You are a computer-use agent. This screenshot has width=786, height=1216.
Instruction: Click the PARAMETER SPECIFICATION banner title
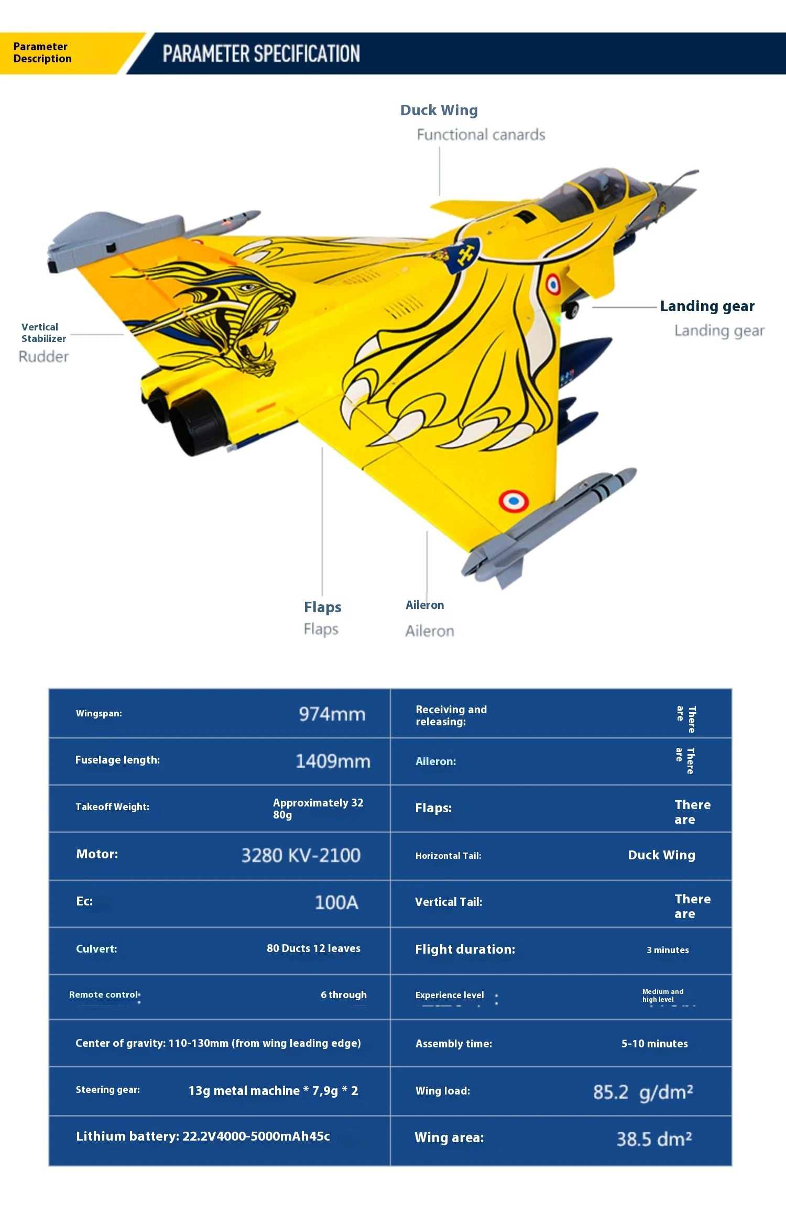coord(261,54)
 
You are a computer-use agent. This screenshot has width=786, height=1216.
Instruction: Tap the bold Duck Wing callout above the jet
coord(439,110)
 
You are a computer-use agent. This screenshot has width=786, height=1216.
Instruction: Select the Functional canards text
coord(481,135)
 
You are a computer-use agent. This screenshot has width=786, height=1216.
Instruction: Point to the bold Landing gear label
coord(707,306)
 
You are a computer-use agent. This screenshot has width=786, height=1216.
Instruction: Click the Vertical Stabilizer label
coord(43,333)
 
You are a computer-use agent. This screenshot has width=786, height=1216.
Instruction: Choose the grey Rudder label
coord(43,357)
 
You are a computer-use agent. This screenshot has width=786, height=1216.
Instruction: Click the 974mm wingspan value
coord(332,714)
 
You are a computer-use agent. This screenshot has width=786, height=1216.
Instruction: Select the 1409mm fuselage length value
coord(333,761)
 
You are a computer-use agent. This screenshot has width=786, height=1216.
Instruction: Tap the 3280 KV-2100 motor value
coord(301,855)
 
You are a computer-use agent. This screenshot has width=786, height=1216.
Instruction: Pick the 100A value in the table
coord(336,902)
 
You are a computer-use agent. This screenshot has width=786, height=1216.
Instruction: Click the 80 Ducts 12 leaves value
coord(313,948)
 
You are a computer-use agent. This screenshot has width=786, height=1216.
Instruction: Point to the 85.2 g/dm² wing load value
coord(643,1092)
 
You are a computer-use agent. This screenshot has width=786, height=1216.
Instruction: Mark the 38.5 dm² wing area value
coord(654,1139)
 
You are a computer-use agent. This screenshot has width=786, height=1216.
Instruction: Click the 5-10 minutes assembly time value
coord(654,1044)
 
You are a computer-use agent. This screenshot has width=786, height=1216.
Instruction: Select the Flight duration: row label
coord(465,949)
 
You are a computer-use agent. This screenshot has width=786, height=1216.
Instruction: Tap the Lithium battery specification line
coord(203,1136)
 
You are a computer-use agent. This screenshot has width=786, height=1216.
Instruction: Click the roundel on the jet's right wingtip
coord(514,501)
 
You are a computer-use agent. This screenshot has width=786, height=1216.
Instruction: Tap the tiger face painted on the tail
coord(236,314)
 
